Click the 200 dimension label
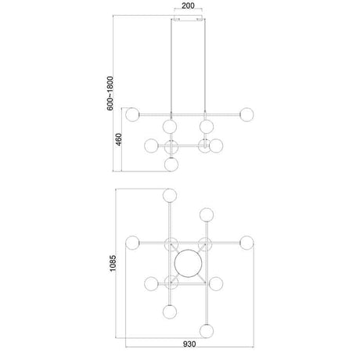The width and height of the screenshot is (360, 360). click(188, 5)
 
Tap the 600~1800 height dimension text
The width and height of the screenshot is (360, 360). click(110, 93)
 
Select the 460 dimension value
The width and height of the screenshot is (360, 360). click(118, 139)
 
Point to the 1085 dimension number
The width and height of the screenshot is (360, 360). click(113, 263)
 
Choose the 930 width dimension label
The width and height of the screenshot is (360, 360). click(189, 344)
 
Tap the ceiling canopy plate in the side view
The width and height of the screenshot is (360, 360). click(188, 20)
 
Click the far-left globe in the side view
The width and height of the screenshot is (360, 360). click(132, 114)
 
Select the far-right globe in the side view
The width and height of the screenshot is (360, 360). click(247, 114)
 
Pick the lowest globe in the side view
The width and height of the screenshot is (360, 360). click(171, 164)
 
